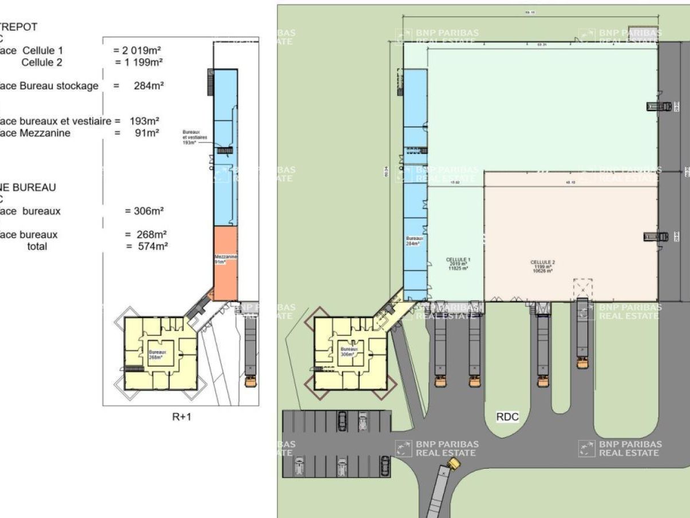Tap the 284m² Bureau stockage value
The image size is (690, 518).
(x=151, y=86)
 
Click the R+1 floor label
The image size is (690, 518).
(x=182, y=417)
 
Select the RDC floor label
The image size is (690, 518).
(x=507, y=417)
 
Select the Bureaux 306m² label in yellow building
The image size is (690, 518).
(x=348, y=351)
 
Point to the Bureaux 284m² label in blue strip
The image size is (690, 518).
(x=413, y=241)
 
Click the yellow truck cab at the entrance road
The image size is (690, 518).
(x=454, y=463)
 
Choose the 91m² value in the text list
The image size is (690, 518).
(x=147, y=133)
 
